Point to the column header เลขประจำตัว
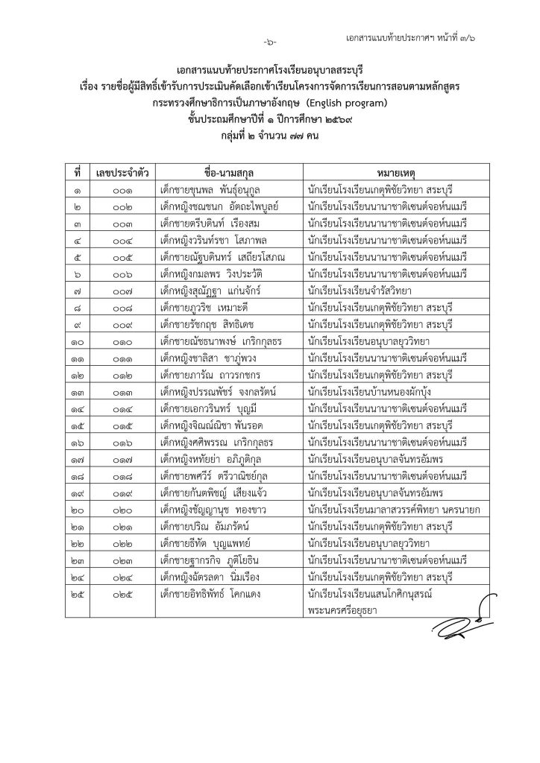pyautogui.click(x=122, y=173)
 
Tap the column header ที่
pyautogui.click(x=78, y=173)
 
